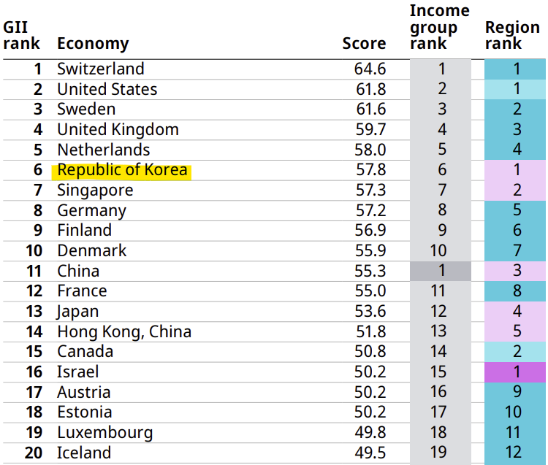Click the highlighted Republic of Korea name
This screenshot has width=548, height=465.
122,170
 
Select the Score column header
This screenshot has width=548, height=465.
364,44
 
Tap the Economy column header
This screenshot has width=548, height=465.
93,44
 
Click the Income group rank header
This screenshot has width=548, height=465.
439,27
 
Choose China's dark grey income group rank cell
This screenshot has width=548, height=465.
441,271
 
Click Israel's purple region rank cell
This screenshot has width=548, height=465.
516,372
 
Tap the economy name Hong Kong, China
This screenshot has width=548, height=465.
124,331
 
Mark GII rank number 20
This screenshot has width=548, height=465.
34,453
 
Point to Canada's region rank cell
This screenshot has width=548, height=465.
516,352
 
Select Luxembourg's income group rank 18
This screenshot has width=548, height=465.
441,432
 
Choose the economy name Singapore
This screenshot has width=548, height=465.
95,191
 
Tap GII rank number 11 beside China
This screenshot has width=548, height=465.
34,271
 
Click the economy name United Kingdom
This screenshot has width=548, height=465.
118,130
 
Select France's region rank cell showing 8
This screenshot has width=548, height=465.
516,291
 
